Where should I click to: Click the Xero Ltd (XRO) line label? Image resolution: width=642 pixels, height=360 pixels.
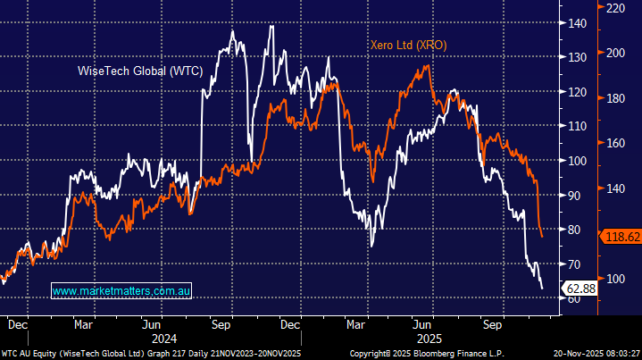(408, 45)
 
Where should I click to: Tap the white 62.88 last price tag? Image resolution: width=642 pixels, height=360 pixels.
(579, 288)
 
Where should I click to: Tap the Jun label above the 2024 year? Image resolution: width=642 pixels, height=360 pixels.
(153, 326)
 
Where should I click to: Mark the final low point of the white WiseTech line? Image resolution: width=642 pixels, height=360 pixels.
(542, 289)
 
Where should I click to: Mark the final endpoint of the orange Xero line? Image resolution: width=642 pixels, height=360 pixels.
(542, 237)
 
